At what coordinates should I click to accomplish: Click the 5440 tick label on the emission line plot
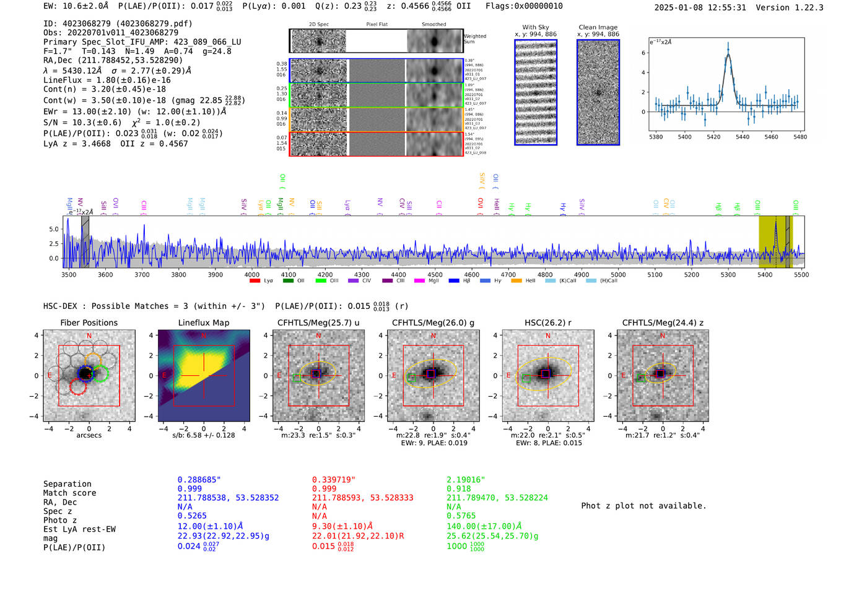pos(742,137)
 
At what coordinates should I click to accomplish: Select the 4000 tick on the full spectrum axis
pos(251,275)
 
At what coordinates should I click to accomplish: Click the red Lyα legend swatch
pos(255,281)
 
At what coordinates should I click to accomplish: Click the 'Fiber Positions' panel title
pos(89,323)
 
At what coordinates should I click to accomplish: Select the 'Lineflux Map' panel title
pos(204,323)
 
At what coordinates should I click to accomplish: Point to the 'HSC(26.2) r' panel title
pos(547,323)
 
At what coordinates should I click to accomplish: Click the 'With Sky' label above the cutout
pos(536,27)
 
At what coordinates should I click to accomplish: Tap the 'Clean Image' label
pos(598,27)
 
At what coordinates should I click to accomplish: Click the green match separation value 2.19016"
pos(466,480)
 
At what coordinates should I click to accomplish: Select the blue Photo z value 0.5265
pos(192,516)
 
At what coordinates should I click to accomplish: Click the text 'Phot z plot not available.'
pos(643,506)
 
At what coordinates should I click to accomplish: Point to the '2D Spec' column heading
pos(319,25)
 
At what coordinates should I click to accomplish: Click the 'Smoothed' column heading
pos(434,25)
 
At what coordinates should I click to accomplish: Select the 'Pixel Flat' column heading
pos(377,25)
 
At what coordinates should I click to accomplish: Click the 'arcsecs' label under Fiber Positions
pos(89,435)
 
